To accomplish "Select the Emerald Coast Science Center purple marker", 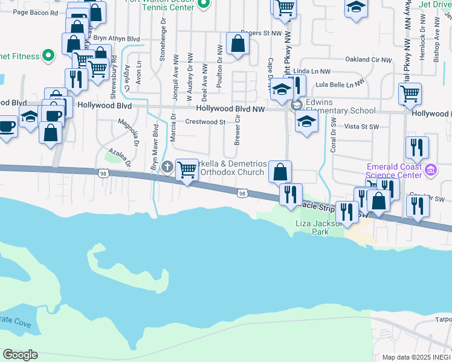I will coord(431,169).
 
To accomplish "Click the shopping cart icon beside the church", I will coord(187,170).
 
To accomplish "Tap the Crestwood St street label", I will coord(205,122).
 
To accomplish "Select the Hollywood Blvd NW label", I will coord(231,109).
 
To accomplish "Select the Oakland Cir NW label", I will coord(368,60).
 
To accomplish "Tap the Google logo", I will coord(20,355).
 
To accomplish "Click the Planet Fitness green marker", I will coord(48,56).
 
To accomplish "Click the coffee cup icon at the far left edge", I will coord(7,127).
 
